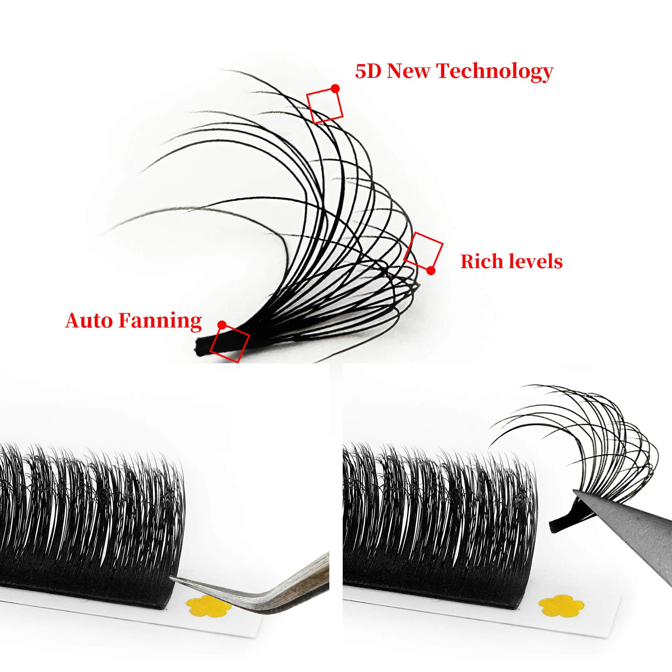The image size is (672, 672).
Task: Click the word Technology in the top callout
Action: point(494,71)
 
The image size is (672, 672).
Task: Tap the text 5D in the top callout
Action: point(368,71)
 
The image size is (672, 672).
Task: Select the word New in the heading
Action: point(408,71)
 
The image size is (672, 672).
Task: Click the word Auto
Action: point(89,320)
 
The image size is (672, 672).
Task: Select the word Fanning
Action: point(160,321)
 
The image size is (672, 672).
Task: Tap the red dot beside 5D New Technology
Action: point(335,89)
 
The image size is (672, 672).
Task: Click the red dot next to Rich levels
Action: point(431,270)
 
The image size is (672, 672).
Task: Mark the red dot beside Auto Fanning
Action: point(222,325)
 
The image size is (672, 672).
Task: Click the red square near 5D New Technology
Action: point(325,106)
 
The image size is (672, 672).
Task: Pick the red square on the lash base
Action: point(230,344)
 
